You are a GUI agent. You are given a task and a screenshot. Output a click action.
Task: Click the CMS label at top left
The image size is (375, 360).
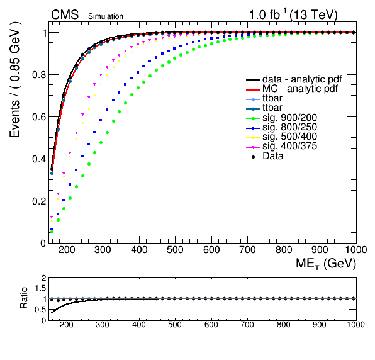(x=65, y=14)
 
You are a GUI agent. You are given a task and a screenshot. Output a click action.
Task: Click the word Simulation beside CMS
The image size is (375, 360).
(x=106, y=16)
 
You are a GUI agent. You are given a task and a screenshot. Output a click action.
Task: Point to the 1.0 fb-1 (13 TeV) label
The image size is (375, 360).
(x=293, y=14)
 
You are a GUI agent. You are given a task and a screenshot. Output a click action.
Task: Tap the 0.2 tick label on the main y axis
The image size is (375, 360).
(x=39, y=201)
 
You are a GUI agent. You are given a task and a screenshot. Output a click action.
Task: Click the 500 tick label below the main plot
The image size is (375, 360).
(x=175, y=250)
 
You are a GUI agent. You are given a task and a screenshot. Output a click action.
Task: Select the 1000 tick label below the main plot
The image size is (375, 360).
(x=356, y=250)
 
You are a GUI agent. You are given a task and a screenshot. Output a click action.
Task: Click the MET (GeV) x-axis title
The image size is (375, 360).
(x=326, y=264)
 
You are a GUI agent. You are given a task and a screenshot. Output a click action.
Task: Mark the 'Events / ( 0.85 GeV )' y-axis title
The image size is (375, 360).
(x=15, y=80)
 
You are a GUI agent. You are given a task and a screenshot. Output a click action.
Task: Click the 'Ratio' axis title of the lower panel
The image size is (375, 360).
(x=24, y=298)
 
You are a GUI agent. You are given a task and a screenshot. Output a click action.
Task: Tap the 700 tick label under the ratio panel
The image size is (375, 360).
(x=247, y=325)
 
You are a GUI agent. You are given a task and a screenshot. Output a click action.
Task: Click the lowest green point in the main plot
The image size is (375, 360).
(x=52, y=232)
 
